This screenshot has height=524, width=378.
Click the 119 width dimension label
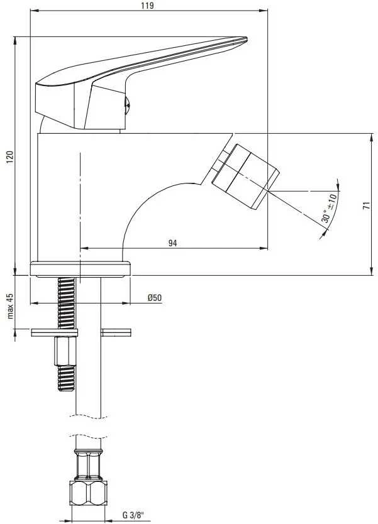point(147,6)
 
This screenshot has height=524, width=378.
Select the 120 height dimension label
point(9,157)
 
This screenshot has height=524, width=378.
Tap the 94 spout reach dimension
point(172,243)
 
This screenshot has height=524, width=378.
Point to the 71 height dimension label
point(367,205)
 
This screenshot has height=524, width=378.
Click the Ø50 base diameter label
point(155,297)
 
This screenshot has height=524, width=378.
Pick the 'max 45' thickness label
point(10,306)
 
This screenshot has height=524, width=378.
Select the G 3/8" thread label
point(133,515)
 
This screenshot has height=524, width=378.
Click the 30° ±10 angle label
point(329,208)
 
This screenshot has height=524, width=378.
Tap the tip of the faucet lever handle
point(247,39)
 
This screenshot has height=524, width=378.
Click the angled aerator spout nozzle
point(245,177)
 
